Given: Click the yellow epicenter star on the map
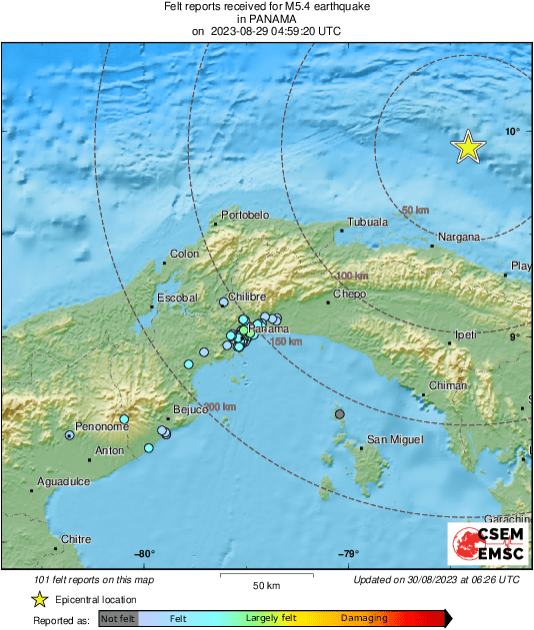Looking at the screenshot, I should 468,148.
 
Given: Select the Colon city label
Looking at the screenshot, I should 185,255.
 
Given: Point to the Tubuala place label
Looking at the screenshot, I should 367,223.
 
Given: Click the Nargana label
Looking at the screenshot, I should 459,237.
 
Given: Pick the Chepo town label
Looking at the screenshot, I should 350,295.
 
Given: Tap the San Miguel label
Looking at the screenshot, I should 396,439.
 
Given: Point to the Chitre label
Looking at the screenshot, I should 76,539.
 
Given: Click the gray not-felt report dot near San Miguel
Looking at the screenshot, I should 340,414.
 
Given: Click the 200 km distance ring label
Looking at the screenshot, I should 220,406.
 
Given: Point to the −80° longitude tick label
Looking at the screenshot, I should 144,555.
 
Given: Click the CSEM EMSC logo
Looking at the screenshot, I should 482,545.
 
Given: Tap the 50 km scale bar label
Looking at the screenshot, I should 265,585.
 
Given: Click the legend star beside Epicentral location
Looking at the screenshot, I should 39,599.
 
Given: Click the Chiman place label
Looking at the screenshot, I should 447,385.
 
